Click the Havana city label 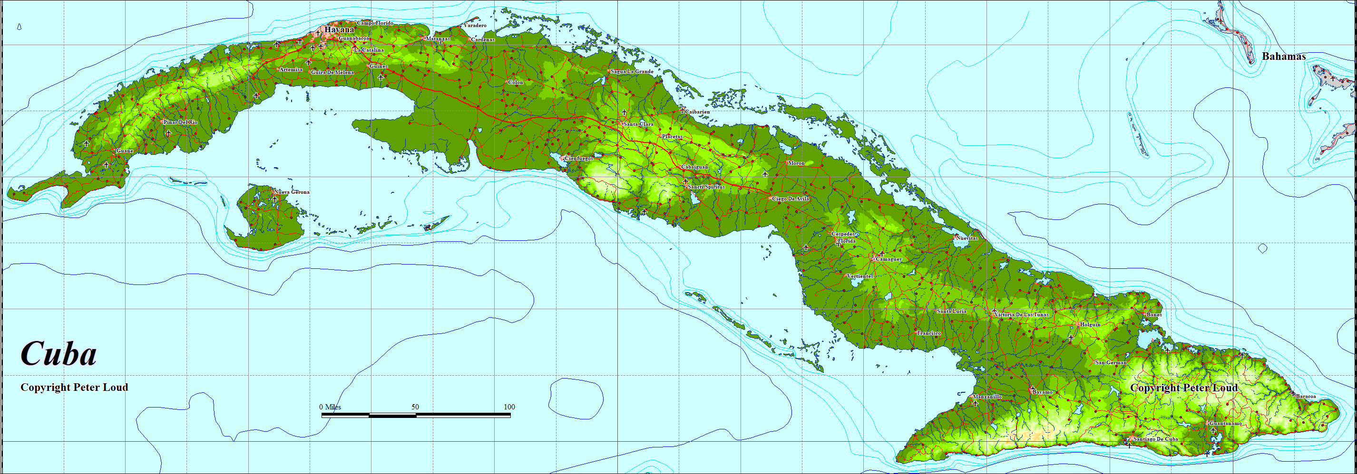click(x=339, y=30)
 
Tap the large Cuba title click(x=59, y=353)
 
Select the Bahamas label click(x=1283, y=57)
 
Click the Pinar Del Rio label click(x=180, y=122)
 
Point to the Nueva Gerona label click(x=292, y=192)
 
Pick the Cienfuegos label click(x=578, y=158)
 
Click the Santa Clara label click(x=638, y=124)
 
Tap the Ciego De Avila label click(x=790, y=199)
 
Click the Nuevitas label click(x=966, y=238)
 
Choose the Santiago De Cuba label click(x=1155, y=439)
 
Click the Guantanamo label click(x=1225, y=423)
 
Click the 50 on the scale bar click(x=415, y=407)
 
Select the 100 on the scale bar click(x=509, y=407)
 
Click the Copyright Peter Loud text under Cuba click(x=74, y=388)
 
